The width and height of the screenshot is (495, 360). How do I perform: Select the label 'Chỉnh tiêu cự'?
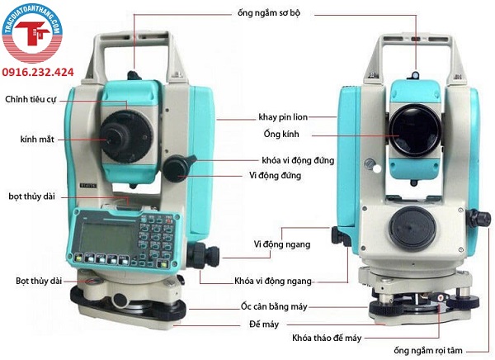click(31, 99)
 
